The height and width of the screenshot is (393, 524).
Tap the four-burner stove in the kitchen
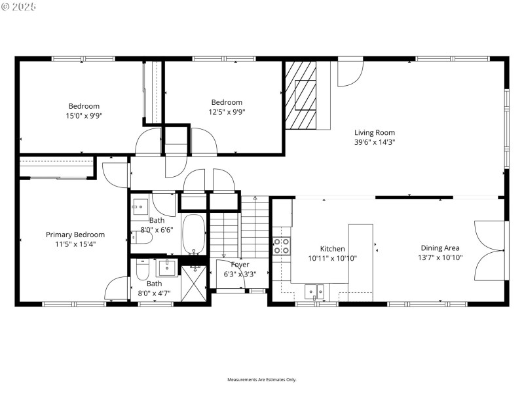click(x=282, y=246)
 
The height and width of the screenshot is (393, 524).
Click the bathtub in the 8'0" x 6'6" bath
click(x=194, y=234)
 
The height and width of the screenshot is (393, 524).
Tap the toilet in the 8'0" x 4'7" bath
click(x=142, y=270)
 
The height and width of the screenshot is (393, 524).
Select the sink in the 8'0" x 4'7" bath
click(x=168, y=266)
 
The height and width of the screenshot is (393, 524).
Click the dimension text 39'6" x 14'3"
click(x=375, y=141)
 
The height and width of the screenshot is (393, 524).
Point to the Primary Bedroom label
click(x=75, y=234)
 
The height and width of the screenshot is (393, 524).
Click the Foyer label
click(x=240, y=265)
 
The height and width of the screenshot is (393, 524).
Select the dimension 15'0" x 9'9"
click(x=84, y=115)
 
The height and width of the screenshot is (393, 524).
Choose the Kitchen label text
click(x=332, y=249)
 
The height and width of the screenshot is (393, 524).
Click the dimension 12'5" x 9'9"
click(x=227, y=111)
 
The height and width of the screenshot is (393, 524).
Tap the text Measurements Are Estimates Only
click(x=262, y=380)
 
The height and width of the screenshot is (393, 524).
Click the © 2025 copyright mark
click(x=20, y=7)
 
